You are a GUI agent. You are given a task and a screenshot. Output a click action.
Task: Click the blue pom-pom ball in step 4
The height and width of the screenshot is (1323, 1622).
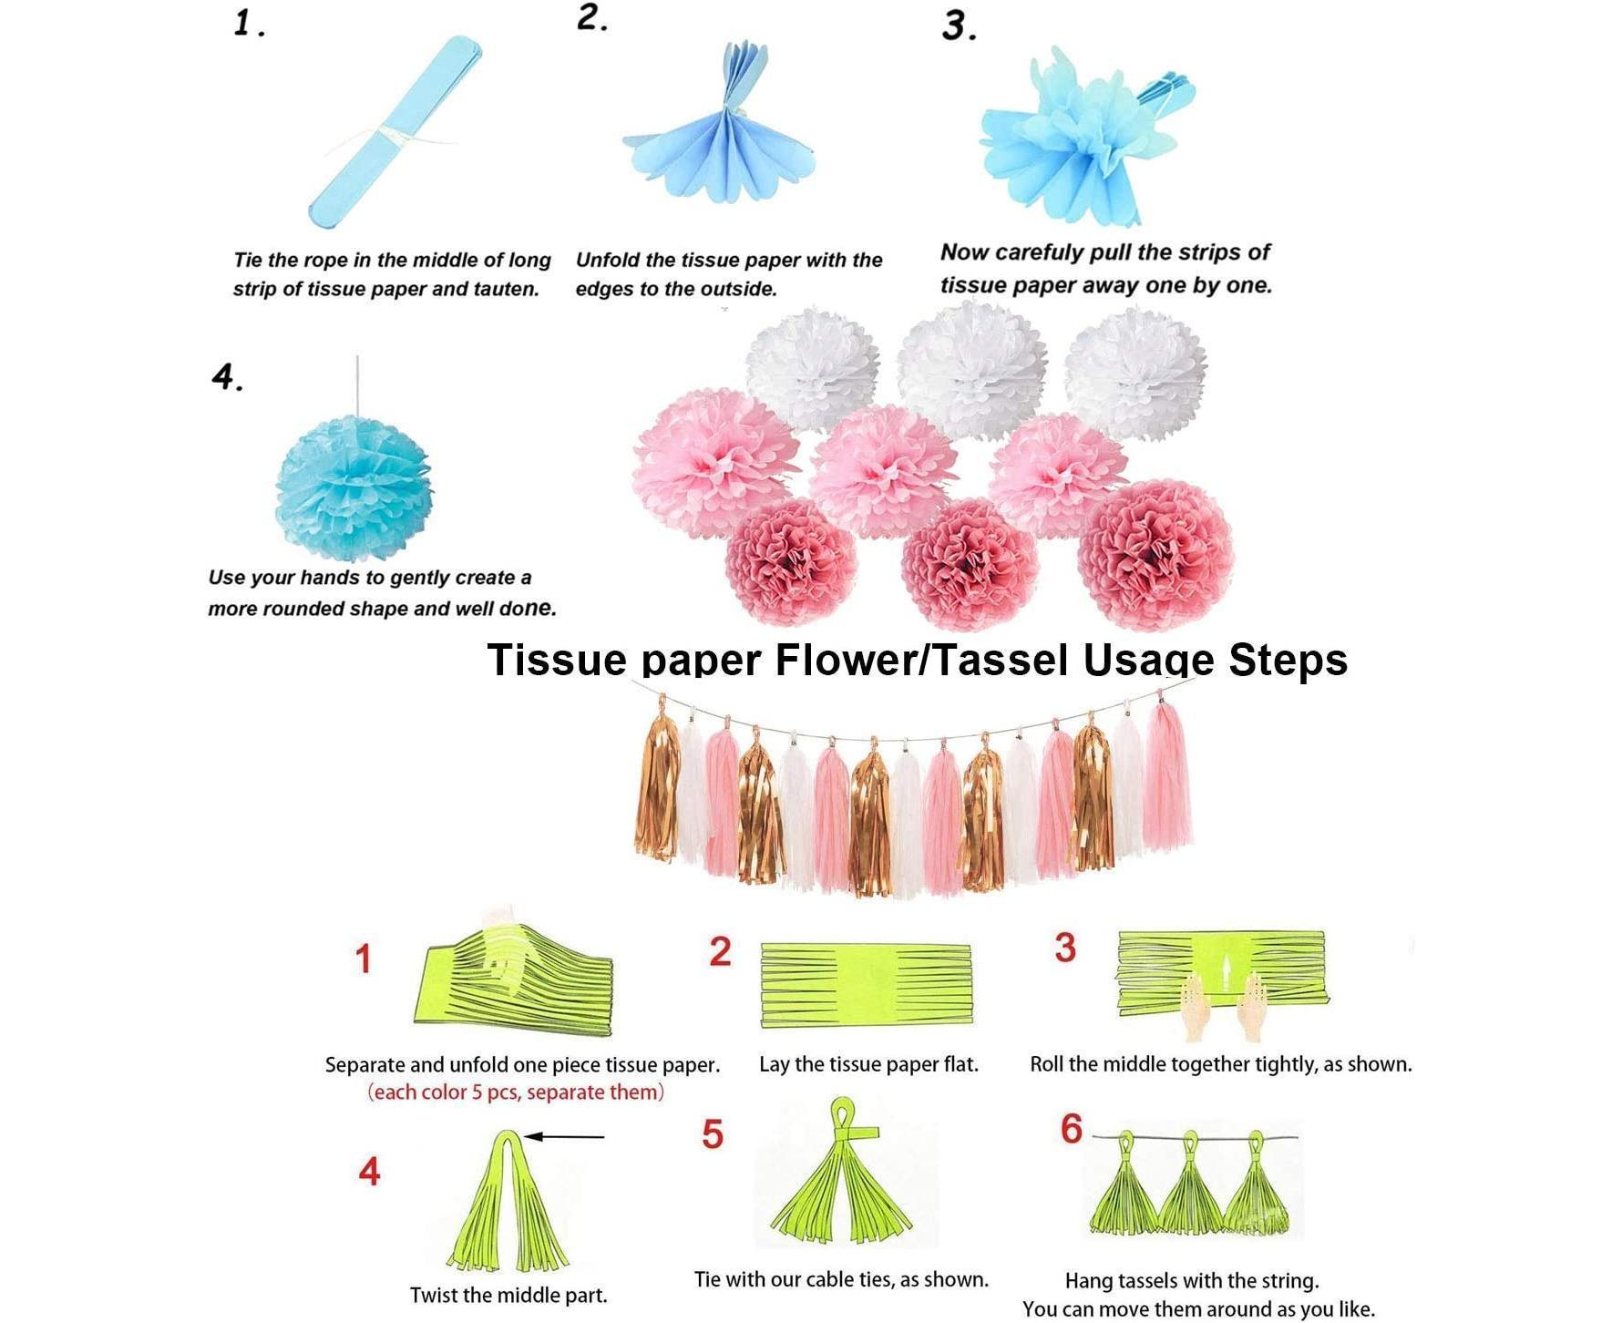pyautogui.click(x=354, y=482)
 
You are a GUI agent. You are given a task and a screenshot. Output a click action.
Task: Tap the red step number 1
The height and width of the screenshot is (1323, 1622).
pyautogui.click(x=364, y=959)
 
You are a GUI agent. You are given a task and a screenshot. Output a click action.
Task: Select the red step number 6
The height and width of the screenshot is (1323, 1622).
pyautogui.click(x=1072, y=1129)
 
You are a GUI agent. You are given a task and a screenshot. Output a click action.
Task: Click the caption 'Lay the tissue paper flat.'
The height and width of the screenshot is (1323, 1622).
pyautogui.click(x=868, y=1064)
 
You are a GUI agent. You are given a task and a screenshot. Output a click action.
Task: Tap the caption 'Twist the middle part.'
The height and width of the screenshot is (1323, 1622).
pyautogui.click(x=508, y=1295)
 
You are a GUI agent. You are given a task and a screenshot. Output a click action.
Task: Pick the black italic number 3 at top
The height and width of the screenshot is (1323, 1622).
pyautogui.click(x=960, y=26)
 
